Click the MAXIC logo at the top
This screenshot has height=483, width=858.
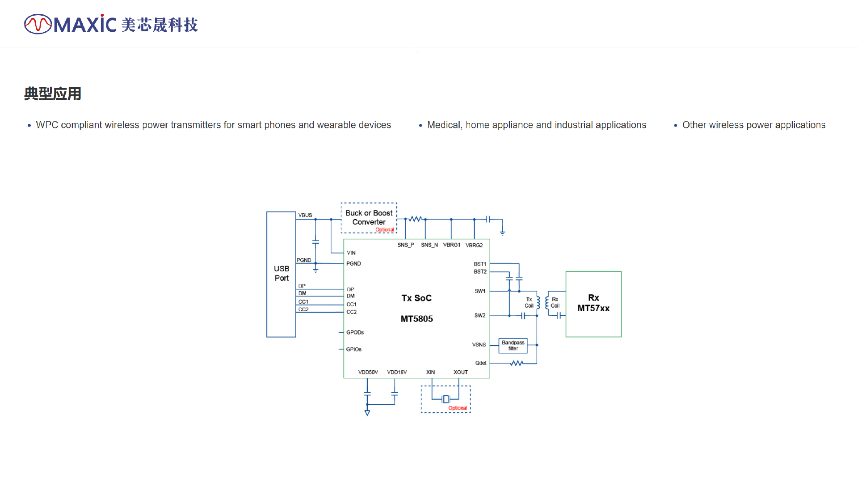(111, 24)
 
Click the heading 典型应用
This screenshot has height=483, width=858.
(53, 94)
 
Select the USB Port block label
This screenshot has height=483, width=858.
(282, 273)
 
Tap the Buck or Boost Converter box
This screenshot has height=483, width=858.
(369, 218)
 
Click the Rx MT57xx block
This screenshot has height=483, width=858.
(593, 304)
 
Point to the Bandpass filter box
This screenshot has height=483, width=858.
(513, 346)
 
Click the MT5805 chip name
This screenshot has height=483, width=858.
(416, 319)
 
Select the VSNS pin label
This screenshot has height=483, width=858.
(479, 345)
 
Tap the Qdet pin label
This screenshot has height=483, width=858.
(481, 363)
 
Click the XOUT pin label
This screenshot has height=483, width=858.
(461, 372)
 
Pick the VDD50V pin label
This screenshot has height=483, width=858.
(368, 372)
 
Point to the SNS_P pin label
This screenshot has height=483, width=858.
(406, 245)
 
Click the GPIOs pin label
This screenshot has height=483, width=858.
(354, 349)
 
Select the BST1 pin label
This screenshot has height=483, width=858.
(480, 264)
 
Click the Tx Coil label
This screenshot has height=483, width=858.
(529, 303)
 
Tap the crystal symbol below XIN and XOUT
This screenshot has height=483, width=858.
(446, 399)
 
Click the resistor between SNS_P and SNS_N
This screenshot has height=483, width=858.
(416, 219)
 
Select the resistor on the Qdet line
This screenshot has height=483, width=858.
(517, 363)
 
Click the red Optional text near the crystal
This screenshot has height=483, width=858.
(458, 408)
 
